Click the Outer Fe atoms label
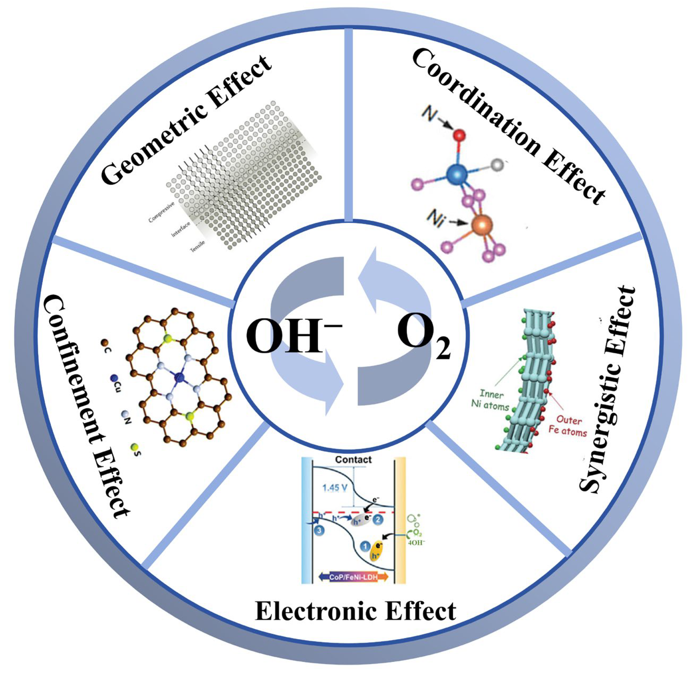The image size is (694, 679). pos(568,426)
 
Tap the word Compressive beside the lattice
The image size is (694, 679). pos(161,212)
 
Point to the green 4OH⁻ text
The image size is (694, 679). pos(416,543)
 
